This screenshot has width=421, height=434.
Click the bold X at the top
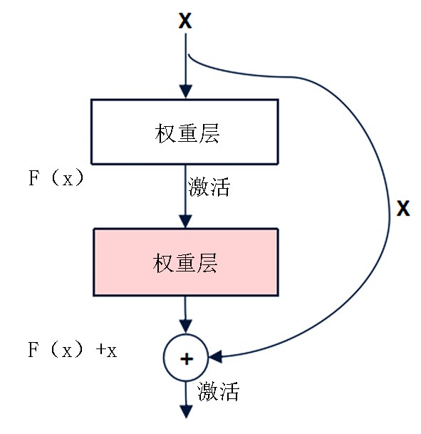(185, 21)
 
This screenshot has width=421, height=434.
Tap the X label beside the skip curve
(403, 208)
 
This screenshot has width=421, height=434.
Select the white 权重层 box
(184, 132)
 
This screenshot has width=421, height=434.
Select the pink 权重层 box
(186, 262)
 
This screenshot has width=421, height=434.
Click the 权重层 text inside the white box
(187, 133)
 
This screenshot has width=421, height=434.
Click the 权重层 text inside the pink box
(185, 263)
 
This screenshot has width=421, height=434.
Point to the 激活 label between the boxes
(209, 187)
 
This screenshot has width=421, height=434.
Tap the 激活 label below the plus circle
(218, 391)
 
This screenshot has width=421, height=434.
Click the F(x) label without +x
(56, 178)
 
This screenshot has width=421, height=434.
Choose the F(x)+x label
(73, 349)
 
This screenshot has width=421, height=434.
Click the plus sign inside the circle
(187, 359)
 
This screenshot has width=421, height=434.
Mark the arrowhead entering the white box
(186, 91)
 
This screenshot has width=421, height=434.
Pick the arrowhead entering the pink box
(186, 221)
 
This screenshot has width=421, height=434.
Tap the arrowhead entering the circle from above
(186, 326)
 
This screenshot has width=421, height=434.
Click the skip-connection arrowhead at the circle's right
(216, 356)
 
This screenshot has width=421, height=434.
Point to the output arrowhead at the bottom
(186, 412)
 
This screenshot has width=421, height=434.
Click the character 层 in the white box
(209, 133)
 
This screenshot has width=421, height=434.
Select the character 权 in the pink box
(162, 263)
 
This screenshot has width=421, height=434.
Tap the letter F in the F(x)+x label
(33, 349)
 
